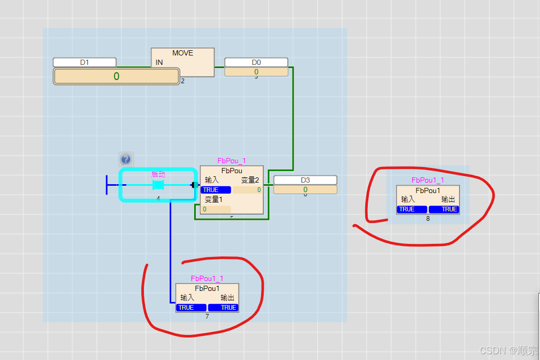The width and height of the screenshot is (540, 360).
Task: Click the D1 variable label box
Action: pos(84,62)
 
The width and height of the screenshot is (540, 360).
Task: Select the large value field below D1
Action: pos(116,76)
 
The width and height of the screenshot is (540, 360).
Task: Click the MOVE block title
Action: pos(183,53)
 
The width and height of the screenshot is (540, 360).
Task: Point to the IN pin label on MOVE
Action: pos(159,63)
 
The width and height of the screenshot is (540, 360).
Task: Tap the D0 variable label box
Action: pos(256,62)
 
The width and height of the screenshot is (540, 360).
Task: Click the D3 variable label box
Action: pos(305,180)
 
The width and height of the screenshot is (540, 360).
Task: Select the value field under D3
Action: pos(305,189)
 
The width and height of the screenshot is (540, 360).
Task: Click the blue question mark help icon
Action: pos(126,159)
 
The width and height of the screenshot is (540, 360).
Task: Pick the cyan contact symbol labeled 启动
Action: pos(158,185)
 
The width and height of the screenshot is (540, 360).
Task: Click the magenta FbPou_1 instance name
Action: pos(232,161)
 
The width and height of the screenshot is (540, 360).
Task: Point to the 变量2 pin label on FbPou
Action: pos(250,180)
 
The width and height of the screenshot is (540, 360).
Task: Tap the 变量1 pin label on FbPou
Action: pos(213,199)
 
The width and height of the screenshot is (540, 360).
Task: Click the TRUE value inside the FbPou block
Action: pos(215,190)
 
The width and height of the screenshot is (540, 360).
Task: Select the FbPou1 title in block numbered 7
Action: pos(207,288)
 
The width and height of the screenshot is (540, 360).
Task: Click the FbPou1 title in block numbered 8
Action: pos(428,190)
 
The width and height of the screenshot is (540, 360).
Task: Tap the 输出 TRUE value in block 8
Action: pos(444,209)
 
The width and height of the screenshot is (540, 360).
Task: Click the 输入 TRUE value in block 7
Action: pos(192,308)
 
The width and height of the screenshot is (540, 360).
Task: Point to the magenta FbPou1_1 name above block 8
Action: pos(428,181)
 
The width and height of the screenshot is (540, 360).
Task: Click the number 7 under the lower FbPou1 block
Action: pos(207,317)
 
